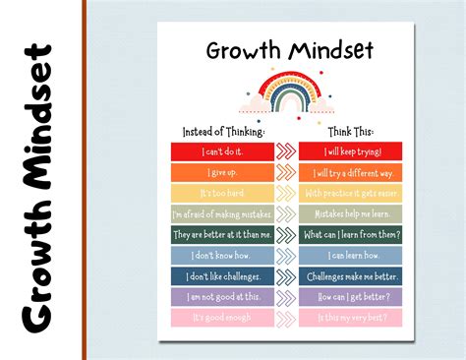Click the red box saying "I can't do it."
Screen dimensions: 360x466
(222, 151)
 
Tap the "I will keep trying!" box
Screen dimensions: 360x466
(350, 151)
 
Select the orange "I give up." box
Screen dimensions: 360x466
(222, 172)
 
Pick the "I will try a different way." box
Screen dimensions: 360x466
(350, 172)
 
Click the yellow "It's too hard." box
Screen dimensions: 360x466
(222, 193)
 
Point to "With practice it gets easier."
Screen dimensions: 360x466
(350, 193)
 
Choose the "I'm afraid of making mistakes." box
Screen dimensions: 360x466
(222, 213)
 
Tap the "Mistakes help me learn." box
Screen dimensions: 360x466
(350, 213)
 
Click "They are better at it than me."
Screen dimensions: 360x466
(222, 234)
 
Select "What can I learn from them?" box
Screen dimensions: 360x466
(350, 234)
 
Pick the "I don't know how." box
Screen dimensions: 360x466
(222, 256)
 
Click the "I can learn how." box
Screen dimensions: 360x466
(350, 256)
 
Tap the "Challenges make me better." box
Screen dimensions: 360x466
(350, 276)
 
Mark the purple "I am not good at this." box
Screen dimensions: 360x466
(222, 297)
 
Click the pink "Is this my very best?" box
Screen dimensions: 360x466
(350, 318)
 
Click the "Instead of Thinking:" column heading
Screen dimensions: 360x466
(223, 131)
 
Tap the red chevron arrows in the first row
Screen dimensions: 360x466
(286, 151)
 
